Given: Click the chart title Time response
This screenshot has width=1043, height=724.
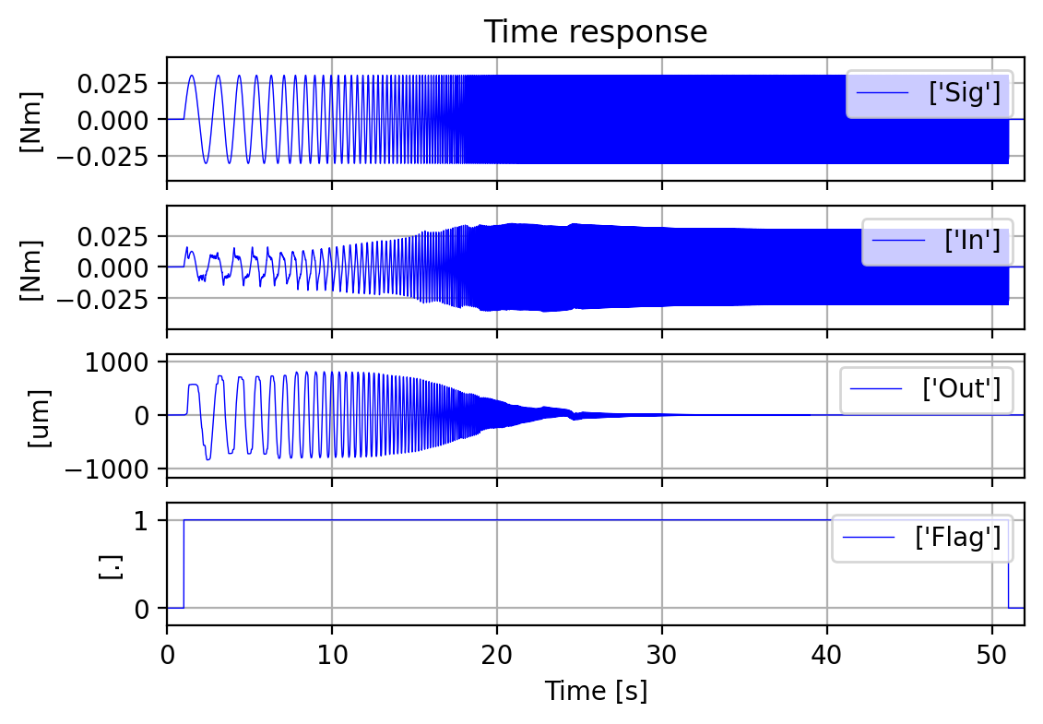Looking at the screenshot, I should click(x=596, y=32).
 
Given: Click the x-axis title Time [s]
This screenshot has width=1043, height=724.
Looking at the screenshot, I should click(x=596, y=691).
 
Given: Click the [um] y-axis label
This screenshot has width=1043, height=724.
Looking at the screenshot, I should click(x=38, y=416).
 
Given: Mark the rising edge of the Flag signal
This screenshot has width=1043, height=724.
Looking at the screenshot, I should click(x=184, y=564).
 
